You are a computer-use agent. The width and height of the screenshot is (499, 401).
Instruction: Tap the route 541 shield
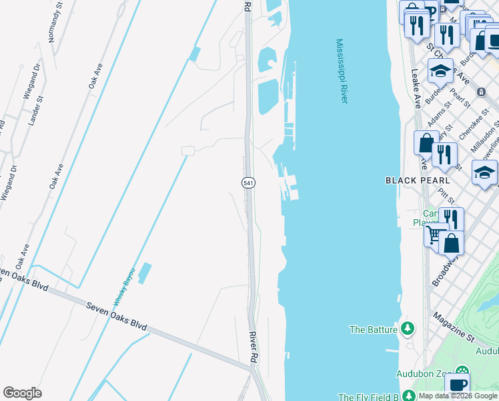pos(247,182)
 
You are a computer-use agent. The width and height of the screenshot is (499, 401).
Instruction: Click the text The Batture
pos(374,329)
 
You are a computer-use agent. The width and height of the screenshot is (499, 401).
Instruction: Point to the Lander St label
pos(36,110)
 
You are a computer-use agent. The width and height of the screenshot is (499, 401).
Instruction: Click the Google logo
pos(22,393)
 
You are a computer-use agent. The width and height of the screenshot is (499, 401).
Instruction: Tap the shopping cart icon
pos(435,235)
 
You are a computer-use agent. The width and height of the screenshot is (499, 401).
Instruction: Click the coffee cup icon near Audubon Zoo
pos(457,384)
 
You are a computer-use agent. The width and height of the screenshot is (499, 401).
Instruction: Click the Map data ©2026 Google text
pos(458,396)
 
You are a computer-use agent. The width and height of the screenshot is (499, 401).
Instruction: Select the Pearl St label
pos(460,98)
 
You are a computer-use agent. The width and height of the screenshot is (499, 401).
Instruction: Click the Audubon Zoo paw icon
pos(462,372)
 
